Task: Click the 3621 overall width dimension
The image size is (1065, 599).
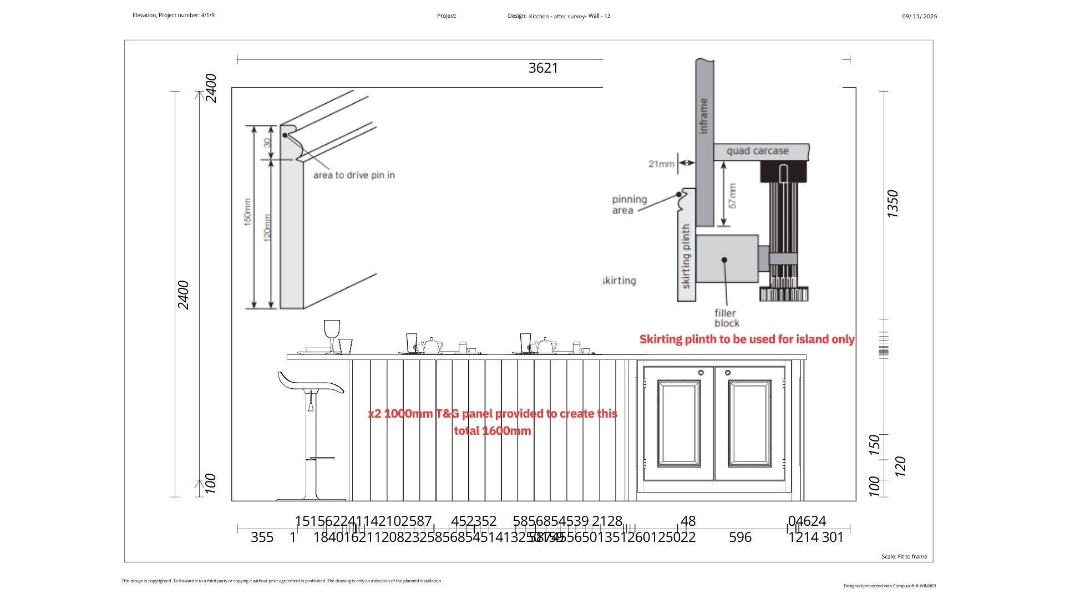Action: [x=543, y=68]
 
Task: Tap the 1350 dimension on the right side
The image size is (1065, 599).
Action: [x=892, y=204]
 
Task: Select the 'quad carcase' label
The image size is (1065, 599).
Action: [x=757, y=151]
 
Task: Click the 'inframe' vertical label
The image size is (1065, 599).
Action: [x=704, y=115]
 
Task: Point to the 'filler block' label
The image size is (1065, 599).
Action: [x=726, y=318]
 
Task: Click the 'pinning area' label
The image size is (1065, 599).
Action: [x=629, y=205]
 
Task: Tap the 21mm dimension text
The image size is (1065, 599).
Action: [x=661, y=164]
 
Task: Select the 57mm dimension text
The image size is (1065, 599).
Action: [x=733, y=196]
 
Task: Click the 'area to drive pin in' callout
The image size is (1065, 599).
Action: [x=354, y=175]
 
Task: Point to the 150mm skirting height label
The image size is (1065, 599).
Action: [x=247, y=212]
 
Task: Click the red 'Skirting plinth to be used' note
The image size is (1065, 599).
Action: [x=747, y=339]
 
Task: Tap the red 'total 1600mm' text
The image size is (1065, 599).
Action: [x=493, y=431]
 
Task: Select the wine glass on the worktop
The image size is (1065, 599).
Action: [x=332, y=334]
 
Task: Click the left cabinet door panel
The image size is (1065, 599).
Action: [x=678, y=424]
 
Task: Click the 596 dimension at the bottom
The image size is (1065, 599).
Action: [x=740, y=537]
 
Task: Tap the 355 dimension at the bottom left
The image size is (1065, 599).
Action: [x=262, y=537]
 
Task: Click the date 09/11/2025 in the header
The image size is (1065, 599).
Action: [x=919, y=17]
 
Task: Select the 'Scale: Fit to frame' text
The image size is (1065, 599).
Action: [x=904, y=556]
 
